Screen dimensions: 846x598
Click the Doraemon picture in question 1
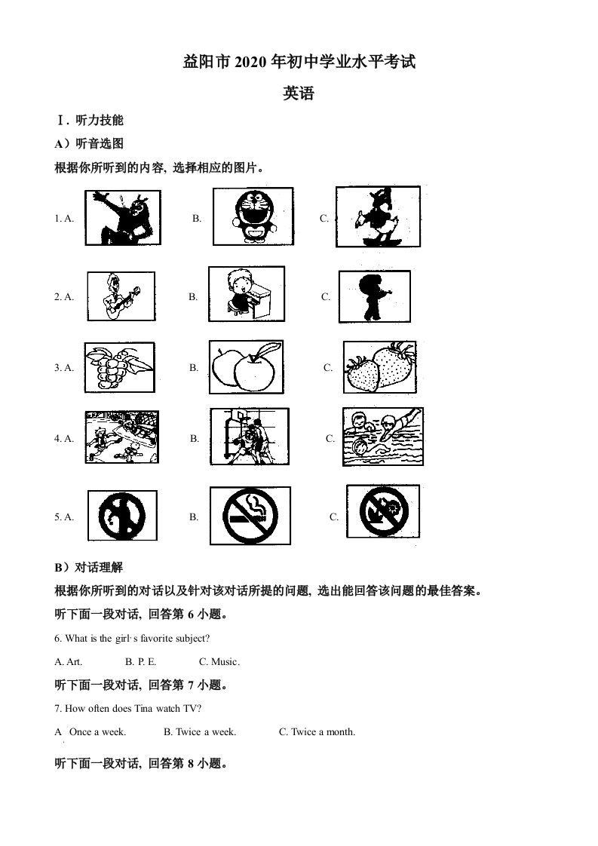(x=250, y=216)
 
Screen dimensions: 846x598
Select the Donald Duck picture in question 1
(x=377, y=216)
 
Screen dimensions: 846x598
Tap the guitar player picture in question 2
(x=120, y=296)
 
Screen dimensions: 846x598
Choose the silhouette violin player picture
(x=374, y=296)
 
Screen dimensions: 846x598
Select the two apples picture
(x=247, y=367)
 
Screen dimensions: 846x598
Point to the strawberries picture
(x=379, y=367)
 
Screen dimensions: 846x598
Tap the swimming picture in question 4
(x=382, y=437)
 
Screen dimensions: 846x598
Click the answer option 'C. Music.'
(x=219, y=662)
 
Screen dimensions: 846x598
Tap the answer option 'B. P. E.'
(x=141, y=662)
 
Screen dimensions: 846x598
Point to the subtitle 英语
(x=299, y=94)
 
